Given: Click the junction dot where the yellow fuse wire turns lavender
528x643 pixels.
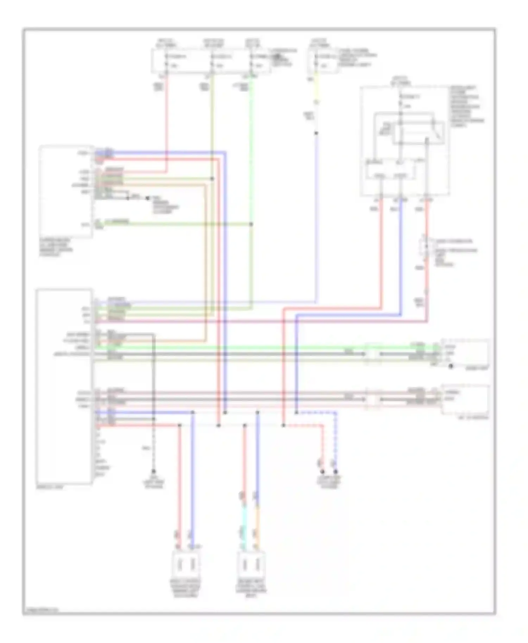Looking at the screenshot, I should [316, 133].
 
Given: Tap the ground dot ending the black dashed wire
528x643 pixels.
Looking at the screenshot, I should [153, 471].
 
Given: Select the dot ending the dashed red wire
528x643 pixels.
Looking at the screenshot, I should [322, 471].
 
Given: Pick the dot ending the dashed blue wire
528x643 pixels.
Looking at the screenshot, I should [335, 471].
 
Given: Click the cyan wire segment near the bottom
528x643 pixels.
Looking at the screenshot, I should [243, 528].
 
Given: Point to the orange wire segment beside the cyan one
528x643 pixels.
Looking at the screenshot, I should [257, 528].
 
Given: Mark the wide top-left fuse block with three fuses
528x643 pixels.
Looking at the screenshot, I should [211, 62].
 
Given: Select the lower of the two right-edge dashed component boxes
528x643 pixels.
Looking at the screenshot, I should [465, 399].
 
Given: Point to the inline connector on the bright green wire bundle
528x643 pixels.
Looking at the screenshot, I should [373, 353].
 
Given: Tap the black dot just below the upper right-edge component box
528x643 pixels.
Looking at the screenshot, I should [451, 367].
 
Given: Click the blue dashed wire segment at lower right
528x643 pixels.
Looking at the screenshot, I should [335, 440].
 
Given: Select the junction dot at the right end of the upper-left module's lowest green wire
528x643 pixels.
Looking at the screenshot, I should [251, 224].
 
